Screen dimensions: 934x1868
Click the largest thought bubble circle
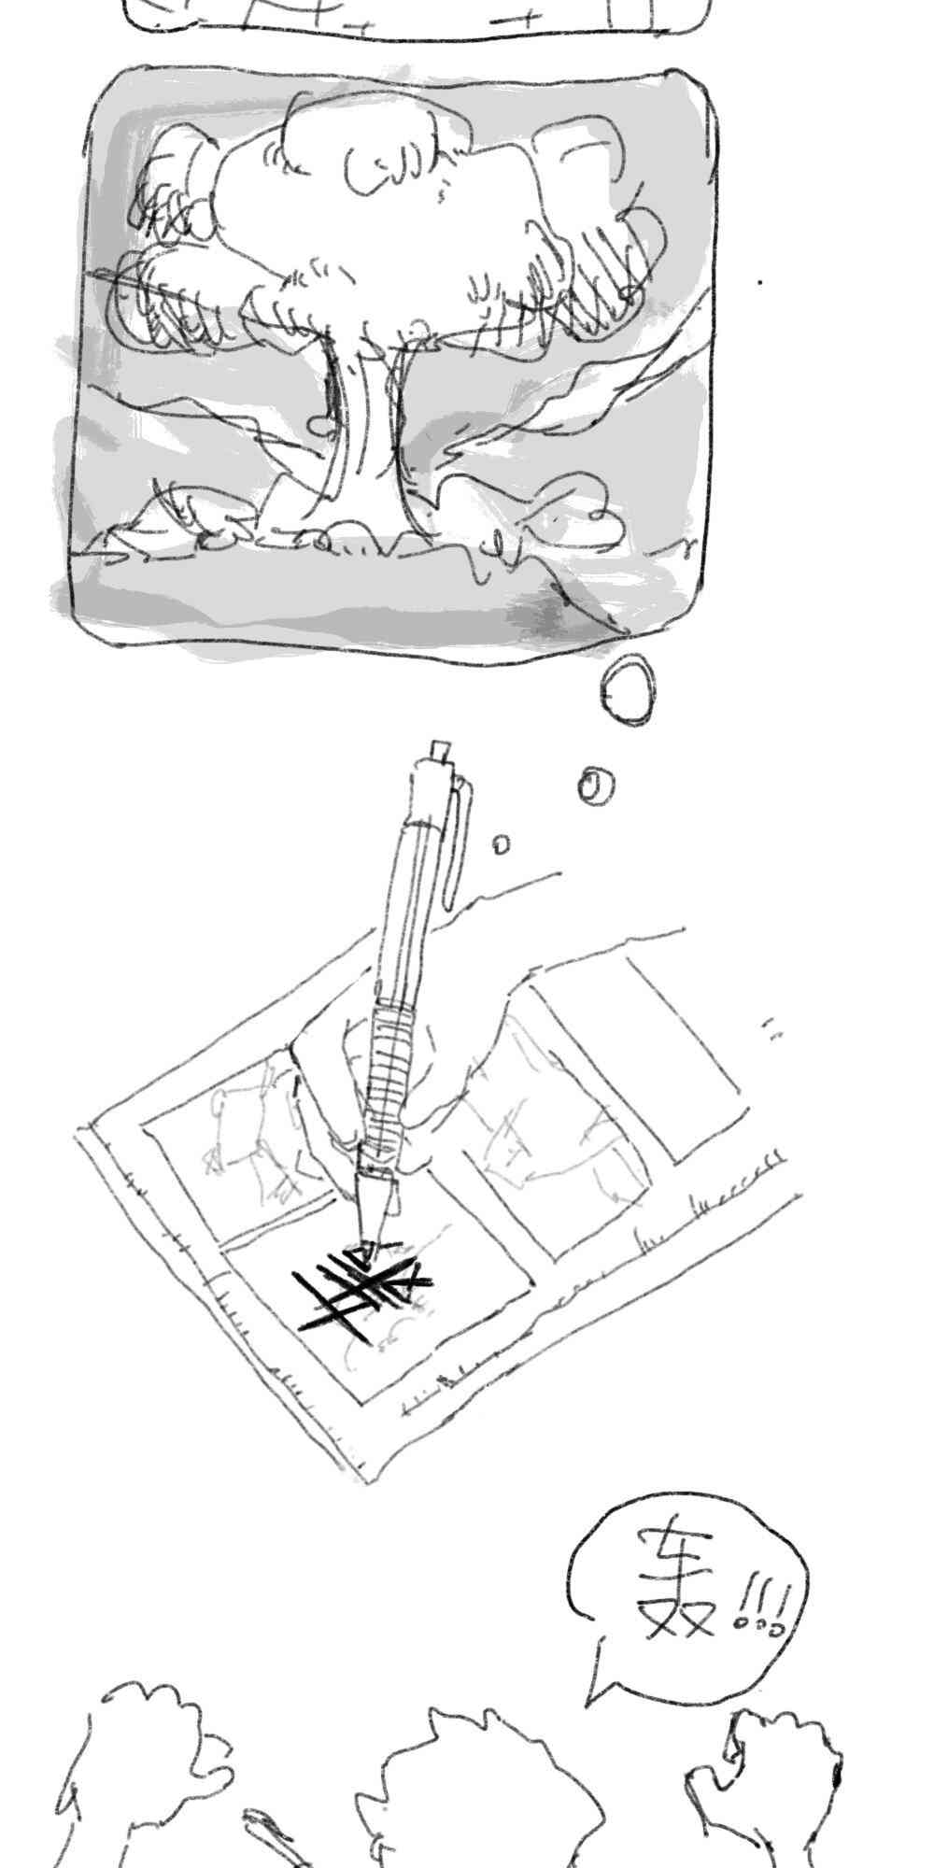628,688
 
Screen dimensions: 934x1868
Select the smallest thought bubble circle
502,844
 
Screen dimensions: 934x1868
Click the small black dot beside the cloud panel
760,280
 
